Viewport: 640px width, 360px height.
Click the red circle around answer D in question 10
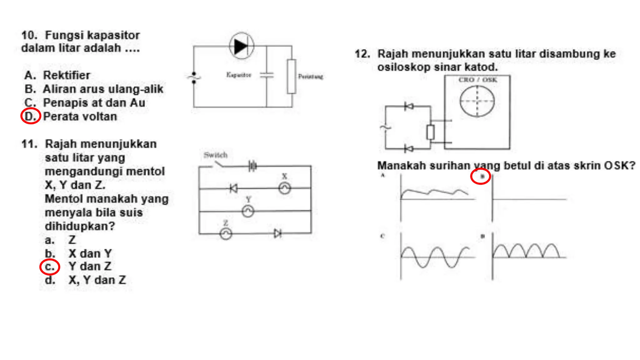coord(31,116)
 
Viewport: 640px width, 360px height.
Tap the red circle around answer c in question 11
coord(49,267)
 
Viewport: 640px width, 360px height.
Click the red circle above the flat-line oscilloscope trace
coord(480,177)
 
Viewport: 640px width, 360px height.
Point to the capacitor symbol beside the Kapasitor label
coord(267,75)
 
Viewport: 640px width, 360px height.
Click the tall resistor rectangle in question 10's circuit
coord(292,76)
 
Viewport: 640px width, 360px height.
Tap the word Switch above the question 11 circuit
coord(215,155)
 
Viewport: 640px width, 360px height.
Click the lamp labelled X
coord(284,188)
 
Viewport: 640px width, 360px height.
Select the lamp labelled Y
coord(248,211)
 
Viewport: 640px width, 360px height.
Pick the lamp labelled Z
coord(226,233)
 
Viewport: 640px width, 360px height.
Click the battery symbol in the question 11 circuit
coord(252,166)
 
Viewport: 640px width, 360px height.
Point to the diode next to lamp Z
coord(277,233)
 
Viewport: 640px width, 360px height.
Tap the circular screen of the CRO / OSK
coord(477,101)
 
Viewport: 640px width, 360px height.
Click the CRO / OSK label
coord(477,80)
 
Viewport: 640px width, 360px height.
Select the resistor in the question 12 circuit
coord(430,132)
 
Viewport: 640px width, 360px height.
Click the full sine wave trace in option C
coord(435,257)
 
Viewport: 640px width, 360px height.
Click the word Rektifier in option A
coord(67,75)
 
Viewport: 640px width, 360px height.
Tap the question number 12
coord(362,54)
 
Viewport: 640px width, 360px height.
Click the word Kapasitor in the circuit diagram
coord(239,75)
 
